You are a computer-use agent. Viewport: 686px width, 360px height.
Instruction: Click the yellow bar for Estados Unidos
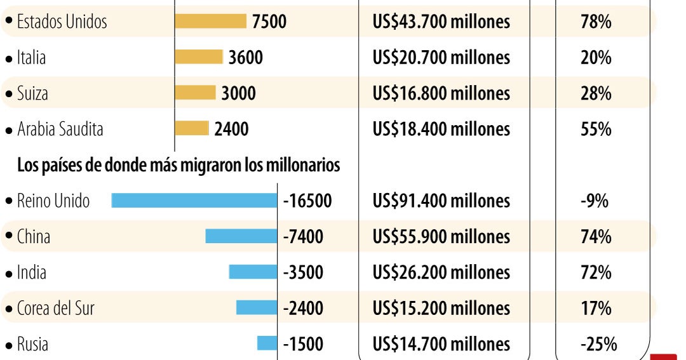[210, 22]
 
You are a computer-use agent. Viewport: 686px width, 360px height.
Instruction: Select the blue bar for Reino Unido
[194, 201]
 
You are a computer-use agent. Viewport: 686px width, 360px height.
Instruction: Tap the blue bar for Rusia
[267, 343]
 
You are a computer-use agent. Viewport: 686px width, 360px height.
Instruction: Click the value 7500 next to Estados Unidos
[269, 22]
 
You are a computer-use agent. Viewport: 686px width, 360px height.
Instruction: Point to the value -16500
[307, 201]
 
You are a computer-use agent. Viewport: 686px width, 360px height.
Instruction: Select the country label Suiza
[32, 93]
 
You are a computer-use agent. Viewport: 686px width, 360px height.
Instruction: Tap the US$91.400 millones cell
[441, 201]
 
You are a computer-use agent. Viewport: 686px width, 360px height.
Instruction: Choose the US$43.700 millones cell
[441, 22]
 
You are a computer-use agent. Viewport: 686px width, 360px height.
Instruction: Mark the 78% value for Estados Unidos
[595, 22]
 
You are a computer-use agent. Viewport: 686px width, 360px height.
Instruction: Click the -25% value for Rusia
[598, 345]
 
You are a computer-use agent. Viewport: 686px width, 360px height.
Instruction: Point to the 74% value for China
[595, 237]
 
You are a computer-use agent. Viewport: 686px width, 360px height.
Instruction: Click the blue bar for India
[253, 272]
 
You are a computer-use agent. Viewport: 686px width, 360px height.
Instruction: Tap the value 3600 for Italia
[245, 58]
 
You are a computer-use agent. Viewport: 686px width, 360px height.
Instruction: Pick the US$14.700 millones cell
[441, 345]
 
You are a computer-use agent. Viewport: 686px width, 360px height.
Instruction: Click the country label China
[33, 237]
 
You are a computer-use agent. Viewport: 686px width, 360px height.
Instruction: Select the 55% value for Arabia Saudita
[595, 130]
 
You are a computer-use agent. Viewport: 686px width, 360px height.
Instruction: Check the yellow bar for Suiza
[195, 93]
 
